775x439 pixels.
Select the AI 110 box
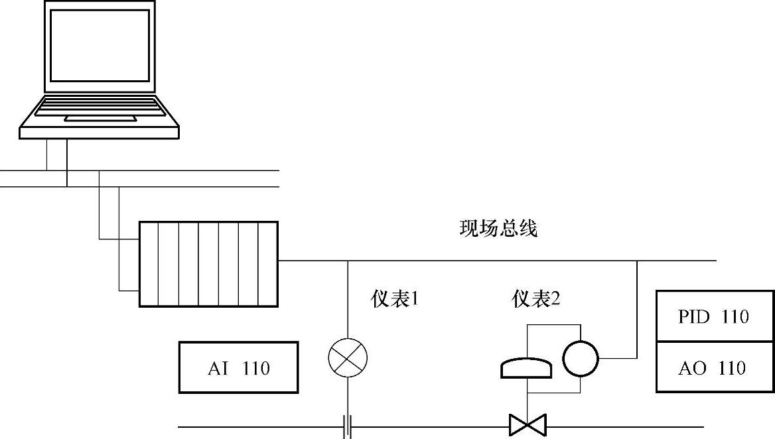[238, 367]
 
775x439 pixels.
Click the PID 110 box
[715, 316]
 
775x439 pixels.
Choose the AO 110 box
[715, 367]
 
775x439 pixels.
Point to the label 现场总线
[498, 229]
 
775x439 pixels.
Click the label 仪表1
[395, 300]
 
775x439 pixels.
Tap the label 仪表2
[536, 300]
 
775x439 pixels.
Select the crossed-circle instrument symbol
[348, 358]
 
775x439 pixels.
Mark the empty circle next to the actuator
[581, 359]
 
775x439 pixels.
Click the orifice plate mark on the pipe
[347, 426]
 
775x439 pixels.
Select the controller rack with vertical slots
[208, 264]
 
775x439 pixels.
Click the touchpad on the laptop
[100, 119]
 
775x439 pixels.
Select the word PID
[693, 316]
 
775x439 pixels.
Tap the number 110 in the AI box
[256, 368]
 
